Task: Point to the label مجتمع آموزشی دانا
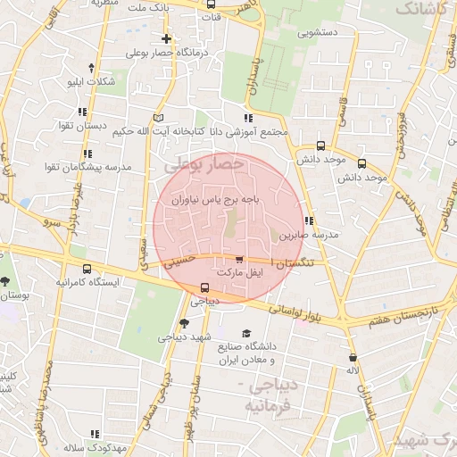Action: click(245, 131)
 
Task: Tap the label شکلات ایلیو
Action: click(91, 81)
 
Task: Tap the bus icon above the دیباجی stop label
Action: click(205, 287)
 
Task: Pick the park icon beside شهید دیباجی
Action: click(184, 323)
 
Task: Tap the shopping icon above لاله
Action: click(353, 357)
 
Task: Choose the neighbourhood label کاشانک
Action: click(418, 9)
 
